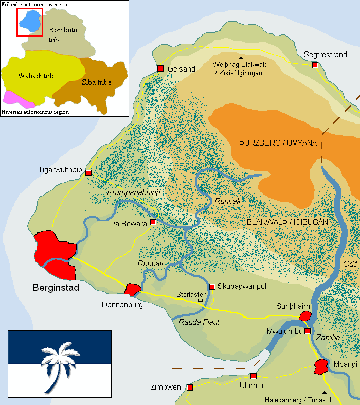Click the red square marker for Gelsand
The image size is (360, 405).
(160, 68)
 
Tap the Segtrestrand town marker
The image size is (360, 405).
(315, 65)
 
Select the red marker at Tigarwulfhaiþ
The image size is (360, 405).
(88, 173)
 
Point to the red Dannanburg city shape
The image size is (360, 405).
(132, 290)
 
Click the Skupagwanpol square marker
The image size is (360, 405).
(212, 286)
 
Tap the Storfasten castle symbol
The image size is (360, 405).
(200, 300)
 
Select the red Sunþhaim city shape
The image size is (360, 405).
(305, 316)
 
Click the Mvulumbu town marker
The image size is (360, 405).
(308, 331)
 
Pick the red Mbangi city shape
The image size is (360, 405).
(321, 366)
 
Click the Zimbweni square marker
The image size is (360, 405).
(190, 386)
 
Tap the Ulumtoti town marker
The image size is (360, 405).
(253, 376)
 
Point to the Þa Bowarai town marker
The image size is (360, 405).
(153, 223)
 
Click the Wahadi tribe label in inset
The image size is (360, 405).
(37, 76)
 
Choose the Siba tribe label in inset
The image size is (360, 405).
(97, 82)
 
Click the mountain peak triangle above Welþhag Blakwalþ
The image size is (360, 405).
(241, 57)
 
